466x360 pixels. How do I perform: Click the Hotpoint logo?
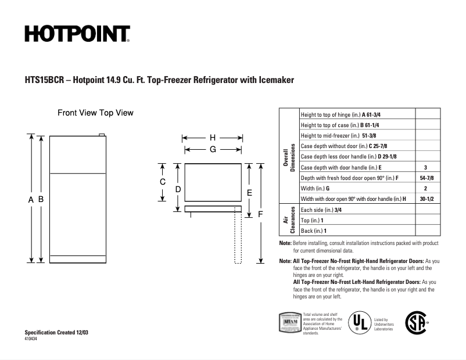click(x=77, y=34)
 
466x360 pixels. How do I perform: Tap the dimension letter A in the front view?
click(x=30, y=199)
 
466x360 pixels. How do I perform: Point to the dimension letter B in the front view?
click(x=41, y=199)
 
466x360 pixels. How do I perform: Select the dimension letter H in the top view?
click(x=213, y=138)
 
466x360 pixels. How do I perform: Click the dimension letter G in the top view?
click(x=213, y=149)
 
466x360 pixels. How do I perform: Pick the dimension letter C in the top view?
click(x=163, y=182)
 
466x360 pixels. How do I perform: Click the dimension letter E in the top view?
click(x=249, y=192)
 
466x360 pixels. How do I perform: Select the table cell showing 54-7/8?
click(x=425, y=177)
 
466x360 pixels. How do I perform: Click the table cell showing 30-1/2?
click(x=425, y=199)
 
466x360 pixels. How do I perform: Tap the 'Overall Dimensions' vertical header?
click(x=289, y=156)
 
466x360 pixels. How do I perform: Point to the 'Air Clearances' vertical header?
click(x=289, y=220)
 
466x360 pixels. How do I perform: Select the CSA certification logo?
click(x=415, y=322)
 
